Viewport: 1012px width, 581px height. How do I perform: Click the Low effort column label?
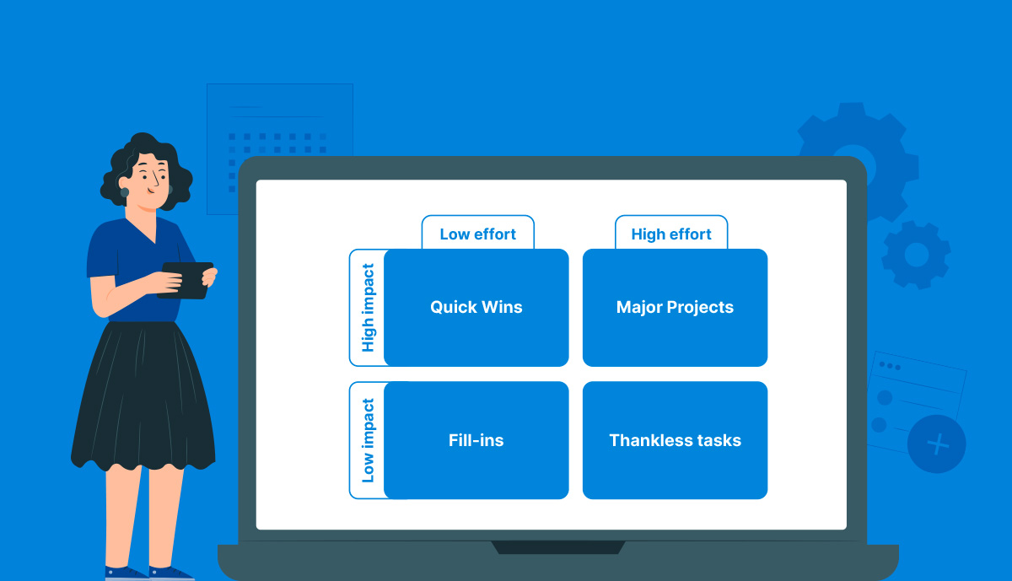pos(477,234)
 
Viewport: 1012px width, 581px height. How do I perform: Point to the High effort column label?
pos(671,234)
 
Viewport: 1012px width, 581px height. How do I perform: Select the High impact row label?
pos(368,308)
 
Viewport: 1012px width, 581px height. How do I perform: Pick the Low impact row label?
pos(368,440)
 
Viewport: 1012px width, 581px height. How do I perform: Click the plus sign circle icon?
pos(937,444)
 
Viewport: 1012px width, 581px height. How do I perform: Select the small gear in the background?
pos(917,254)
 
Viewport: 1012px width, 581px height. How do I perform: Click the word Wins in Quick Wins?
pos(501,307)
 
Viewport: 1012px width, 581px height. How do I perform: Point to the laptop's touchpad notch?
pos(558,547)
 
